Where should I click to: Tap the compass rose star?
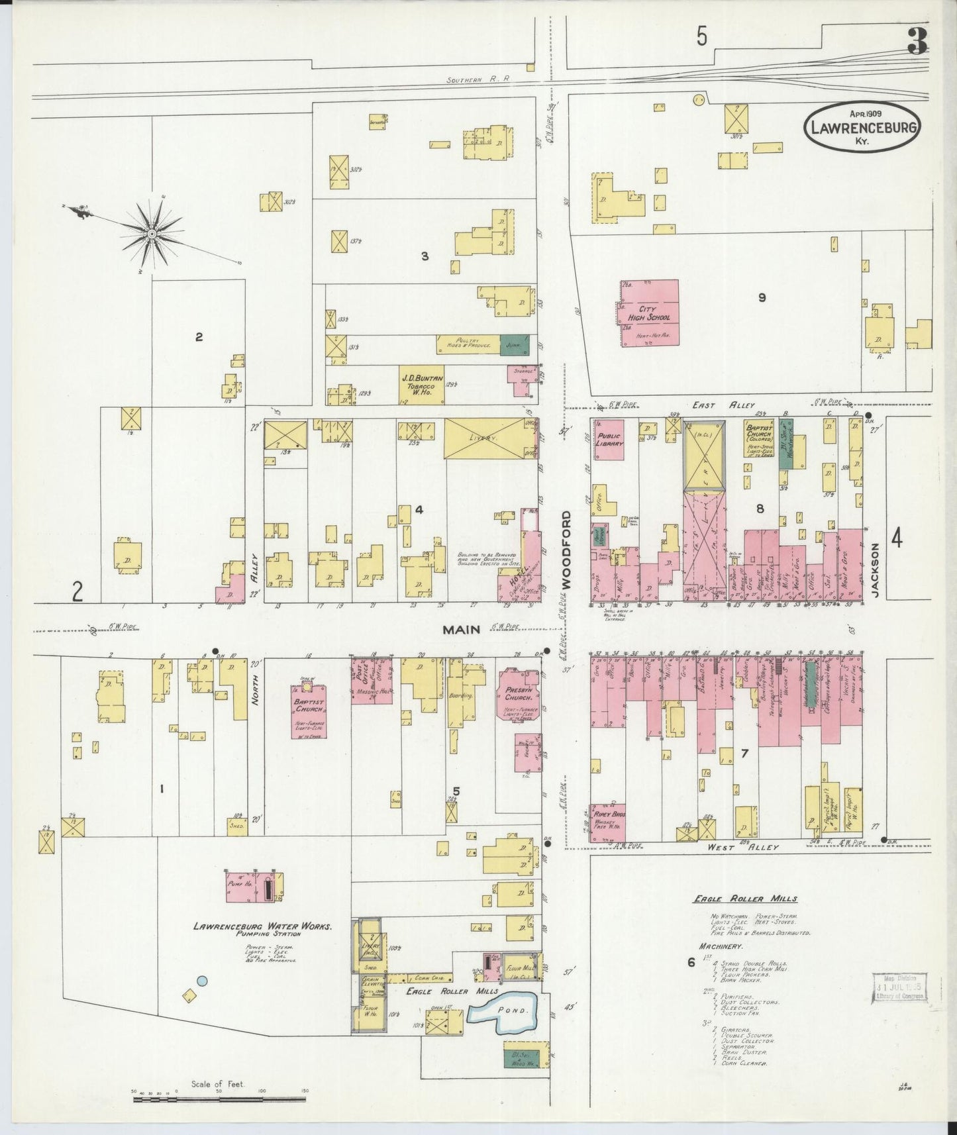(x=152, y=234)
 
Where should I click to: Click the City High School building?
(x=649, y=313)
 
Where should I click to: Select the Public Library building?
(x=608, y=440)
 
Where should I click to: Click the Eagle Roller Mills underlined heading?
(x=744, y=899)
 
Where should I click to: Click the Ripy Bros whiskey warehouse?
(x=608, y=822)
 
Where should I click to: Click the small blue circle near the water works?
(x=203, y=981)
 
